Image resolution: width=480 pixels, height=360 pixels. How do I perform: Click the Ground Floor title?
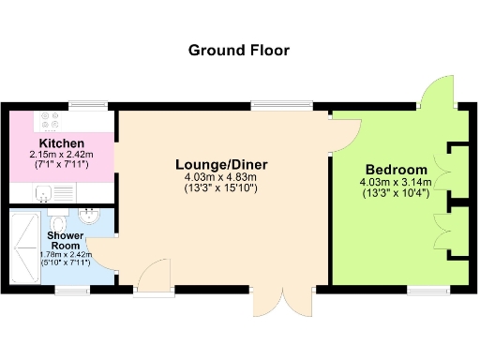pos(239,50)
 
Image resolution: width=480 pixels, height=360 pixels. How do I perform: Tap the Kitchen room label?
pos(63,142)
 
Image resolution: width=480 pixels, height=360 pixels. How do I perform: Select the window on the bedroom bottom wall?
pos(425,291)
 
